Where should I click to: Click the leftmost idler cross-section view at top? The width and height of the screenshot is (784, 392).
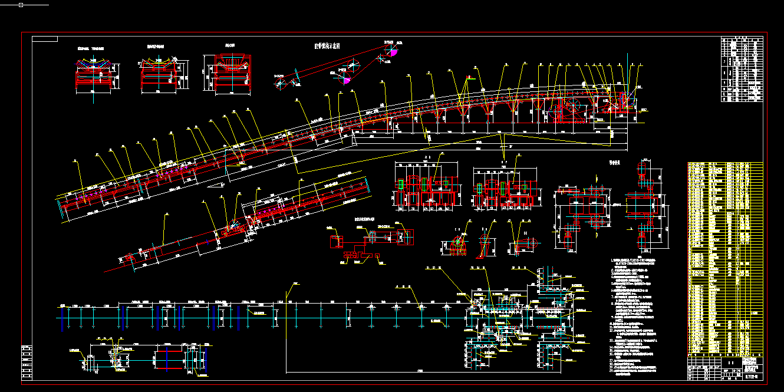coord(95,75)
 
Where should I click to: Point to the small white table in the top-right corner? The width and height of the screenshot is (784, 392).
coord(742,70)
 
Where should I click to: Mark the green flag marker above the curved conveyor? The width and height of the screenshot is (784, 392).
coord(470,77)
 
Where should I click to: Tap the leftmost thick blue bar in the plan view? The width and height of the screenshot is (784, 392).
coord(62,319)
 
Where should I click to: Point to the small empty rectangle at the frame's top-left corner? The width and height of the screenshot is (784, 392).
coord(45,39)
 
